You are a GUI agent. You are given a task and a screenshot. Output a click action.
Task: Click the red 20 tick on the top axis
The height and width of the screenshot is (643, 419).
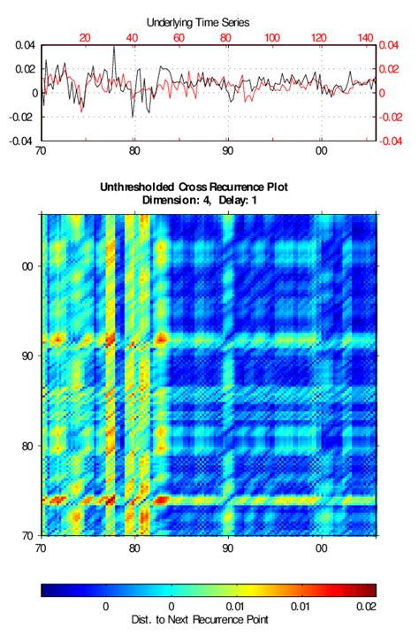[x=85, y=37]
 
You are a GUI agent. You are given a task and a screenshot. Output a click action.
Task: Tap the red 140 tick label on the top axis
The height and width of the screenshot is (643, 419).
[x=365, y=37]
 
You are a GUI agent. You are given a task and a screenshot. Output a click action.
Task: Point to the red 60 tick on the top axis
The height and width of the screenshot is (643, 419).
[x=179, y=37]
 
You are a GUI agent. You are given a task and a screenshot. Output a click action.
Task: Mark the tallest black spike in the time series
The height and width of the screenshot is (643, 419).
[x=114, y=49]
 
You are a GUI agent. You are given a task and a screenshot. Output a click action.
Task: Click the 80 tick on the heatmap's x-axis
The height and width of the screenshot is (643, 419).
[x=134, y=547]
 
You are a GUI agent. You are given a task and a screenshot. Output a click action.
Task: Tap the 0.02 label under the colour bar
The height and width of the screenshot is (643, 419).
[x=364, y=607]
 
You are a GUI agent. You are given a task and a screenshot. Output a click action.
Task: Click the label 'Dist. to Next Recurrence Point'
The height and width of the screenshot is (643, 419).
[x=208, y=620]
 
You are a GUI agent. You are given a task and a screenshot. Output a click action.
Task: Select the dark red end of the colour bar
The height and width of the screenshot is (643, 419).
[x=371, y=590]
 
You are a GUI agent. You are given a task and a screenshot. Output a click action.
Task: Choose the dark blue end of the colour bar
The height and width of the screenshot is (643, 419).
[x=46, y=590]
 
